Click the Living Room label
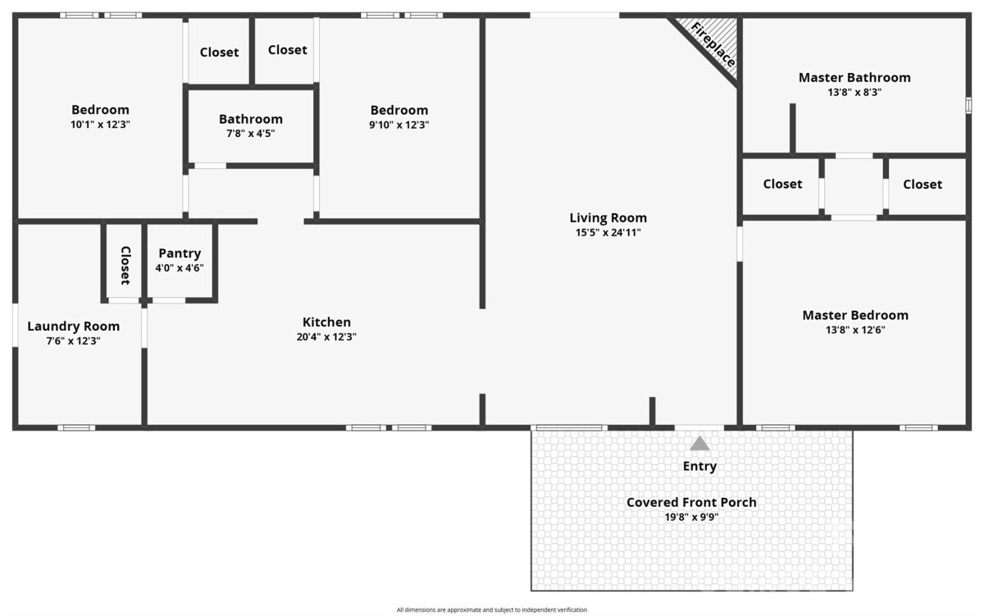[x=608, y=218]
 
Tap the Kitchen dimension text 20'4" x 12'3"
[x=326, y=337]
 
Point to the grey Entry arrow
[x=699, y=443]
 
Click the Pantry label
[x=180, y=253]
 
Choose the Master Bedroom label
[x=855, y=316]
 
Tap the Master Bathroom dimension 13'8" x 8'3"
[x=854, y=92]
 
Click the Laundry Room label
[x=73, y=326]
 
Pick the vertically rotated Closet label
[x=125, y=266]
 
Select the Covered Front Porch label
[x=691, y=502]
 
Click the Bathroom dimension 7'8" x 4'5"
[x=250, y=134]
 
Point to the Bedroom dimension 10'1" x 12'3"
[x=100, y=125]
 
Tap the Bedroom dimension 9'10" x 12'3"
[x=399, y=125]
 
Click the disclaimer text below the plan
[x=491, y=609]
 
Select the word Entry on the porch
[x=699, y=466]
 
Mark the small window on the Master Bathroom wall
[x=968, y=106]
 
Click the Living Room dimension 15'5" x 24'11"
[x=608, y=233]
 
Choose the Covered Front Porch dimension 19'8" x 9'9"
[x=691, y=517]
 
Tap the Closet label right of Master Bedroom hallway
[x=922, y=185]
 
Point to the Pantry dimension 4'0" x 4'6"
[x=180, y=268]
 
